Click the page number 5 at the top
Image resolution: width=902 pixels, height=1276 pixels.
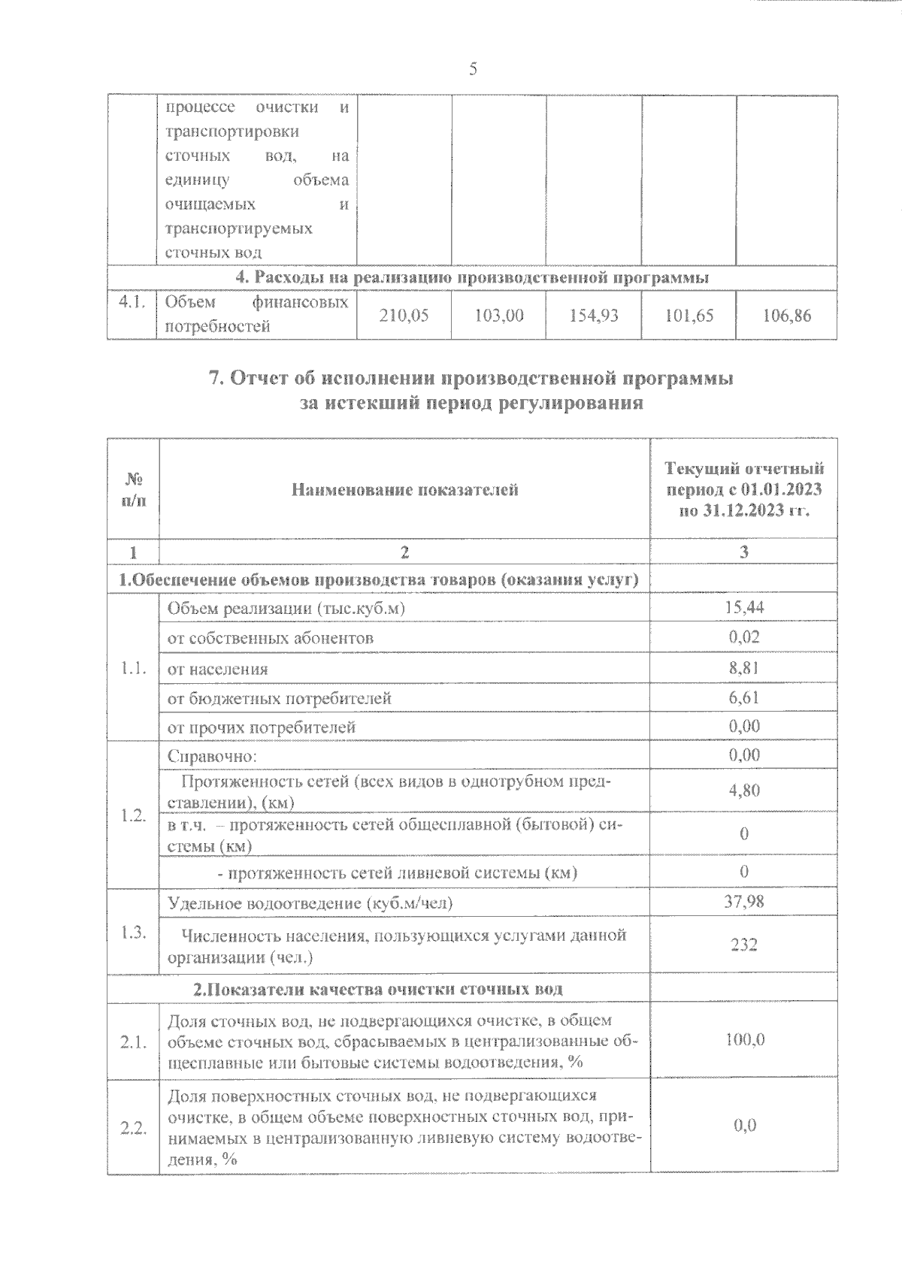click(472, 70)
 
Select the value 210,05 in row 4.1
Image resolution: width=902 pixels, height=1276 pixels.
click(404, 316)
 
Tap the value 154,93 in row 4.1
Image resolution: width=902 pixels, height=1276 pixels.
click(593, 316)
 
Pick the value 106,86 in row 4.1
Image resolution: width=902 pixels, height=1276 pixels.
click(786, 316)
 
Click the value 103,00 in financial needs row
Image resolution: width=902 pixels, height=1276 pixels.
click(499, 316)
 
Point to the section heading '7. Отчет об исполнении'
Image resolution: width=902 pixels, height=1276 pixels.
click(471, 379)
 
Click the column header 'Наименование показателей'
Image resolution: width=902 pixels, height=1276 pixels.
click(404, 491)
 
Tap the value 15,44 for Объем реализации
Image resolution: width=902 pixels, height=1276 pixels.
click(743, 607)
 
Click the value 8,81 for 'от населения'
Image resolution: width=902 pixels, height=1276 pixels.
click(743, 667)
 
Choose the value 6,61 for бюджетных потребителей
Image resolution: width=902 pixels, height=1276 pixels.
click(743, 697)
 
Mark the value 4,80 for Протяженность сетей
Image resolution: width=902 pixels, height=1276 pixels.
click(743, 790)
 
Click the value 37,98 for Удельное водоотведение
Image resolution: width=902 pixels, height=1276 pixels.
click(743, 901)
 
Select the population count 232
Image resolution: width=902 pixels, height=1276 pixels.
click(743, 945)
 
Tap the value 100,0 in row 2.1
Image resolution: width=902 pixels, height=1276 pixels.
click(743, 1040)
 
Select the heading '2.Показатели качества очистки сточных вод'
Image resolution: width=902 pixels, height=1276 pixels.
click(378, 989)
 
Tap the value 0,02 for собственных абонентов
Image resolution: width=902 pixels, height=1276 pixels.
click(743, 637)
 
